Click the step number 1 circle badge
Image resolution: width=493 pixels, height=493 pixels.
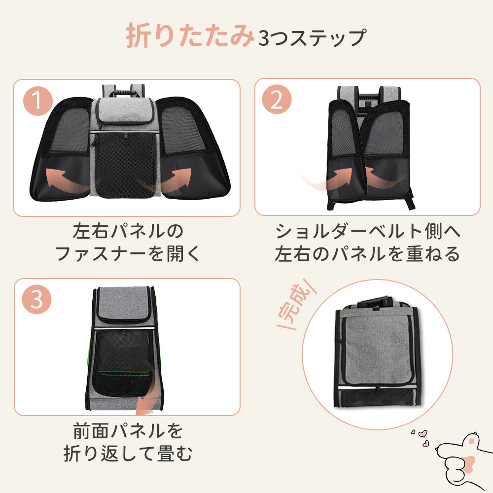(x=37, y=101)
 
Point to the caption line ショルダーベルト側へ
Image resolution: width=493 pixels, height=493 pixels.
(x=367, y=231)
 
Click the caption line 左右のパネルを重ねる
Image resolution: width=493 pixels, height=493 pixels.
(x=367, y=254)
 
